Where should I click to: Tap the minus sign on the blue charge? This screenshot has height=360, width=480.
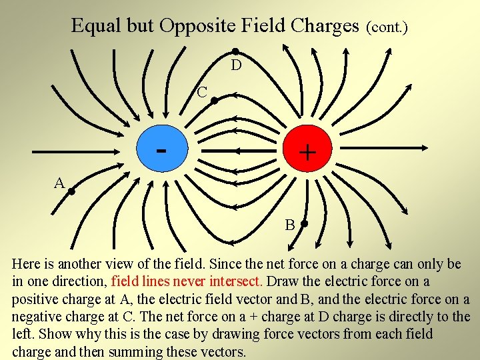[160, 149]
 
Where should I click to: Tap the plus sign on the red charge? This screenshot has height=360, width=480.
[307, 153]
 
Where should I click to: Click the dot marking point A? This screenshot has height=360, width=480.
[70, 192]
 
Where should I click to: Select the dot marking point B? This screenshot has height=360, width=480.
[304, 224]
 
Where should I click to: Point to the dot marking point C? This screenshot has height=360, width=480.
[214, 101]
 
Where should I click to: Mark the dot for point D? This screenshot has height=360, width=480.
[235, 51]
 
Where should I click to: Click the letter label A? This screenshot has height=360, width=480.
[59, 183]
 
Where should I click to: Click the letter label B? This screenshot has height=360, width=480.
[290, 225]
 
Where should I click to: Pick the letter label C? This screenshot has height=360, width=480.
[202, 91]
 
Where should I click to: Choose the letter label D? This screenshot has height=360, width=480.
[236, 65]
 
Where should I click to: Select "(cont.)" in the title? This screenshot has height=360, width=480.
[387, 27]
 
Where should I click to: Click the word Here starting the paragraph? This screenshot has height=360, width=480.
[27, 264]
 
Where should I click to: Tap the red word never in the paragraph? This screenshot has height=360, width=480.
[188, 281]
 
